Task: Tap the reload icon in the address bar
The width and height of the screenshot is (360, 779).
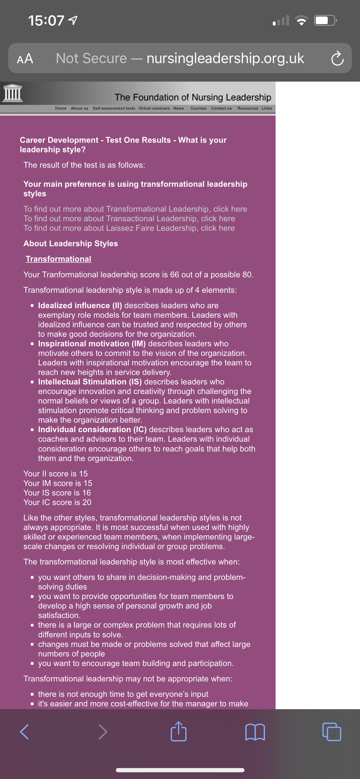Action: pos(337,58)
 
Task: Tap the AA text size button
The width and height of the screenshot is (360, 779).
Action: pos(25,58)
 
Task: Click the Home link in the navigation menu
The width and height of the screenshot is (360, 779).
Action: pos(61,108)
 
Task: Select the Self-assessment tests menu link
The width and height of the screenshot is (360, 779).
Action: pos(114,108)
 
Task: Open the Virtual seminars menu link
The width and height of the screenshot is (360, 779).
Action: pos(154,108)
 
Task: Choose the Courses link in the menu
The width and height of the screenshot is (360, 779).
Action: pos(198,108)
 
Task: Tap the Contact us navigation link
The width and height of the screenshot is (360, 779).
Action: pos(221,108)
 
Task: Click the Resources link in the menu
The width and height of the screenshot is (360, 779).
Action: pos(248,108)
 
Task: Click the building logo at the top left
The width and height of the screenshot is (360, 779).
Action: pos(12,93)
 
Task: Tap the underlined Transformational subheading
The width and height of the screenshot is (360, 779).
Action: pos(58,259)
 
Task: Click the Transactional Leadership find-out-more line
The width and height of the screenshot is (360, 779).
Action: pos(129,219)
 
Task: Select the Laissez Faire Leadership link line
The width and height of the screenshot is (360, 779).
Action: pos(129,228)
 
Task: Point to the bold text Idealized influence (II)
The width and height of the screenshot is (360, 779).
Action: pos(80,305)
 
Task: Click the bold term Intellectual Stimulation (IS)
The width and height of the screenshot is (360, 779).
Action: pos(90,382)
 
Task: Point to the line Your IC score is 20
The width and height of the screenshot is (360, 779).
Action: pos(57,502)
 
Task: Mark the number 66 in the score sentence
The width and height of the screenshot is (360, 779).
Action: pos(174,275)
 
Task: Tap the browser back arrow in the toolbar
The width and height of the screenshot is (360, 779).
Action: pos(24,732)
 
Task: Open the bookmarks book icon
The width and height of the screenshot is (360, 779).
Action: pos(255,732)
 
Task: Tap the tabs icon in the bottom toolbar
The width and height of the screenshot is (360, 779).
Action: pos(332,732)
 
